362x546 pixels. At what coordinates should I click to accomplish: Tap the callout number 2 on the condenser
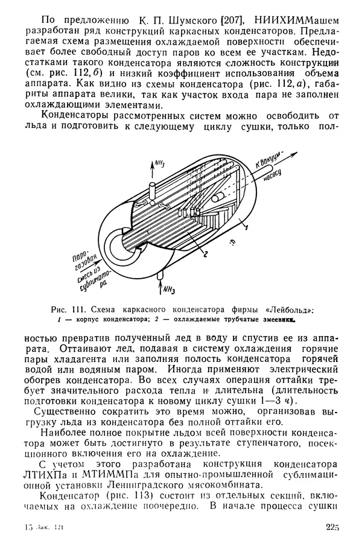pos(205,255)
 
